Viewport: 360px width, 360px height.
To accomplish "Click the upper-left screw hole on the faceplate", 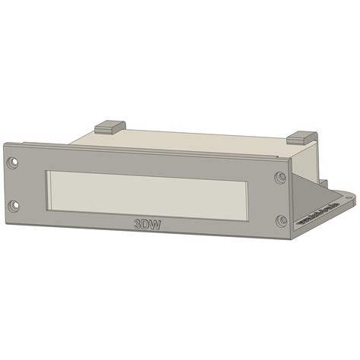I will pyautogui.click(x=13, y=163).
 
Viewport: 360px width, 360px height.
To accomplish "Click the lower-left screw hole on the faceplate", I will pyautogui.click(x=13, y=205).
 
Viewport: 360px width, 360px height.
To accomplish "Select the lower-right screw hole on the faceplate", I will pyautogui.click(x=282, y=220).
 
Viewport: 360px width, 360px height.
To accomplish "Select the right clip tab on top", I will pyautogui.click(x=301, y=137).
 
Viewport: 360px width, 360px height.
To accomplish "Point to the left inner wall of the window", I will pyautogui.click(x=49, y=190).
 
